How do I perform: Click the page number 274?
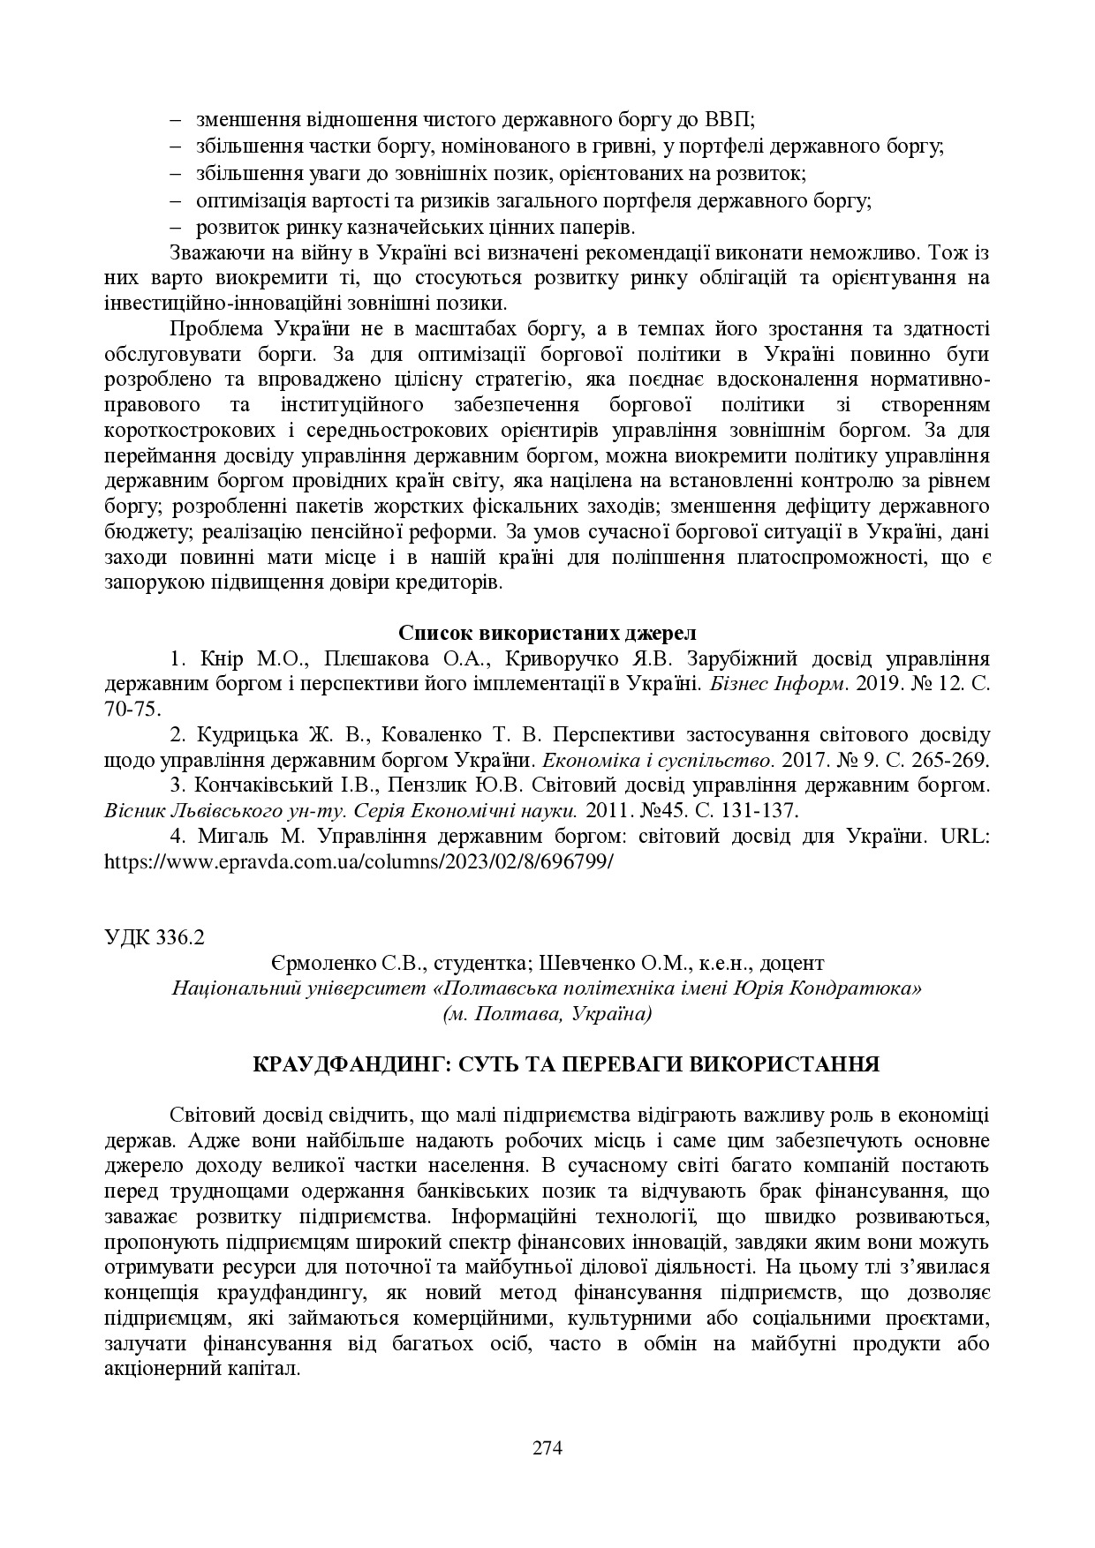tap(547, 1447)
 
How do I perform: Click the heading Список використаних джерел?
tap(547, 633)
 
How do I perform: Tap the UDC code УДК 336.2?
tap(154, 937)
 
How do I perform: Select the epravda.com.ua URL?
tap(358, 861)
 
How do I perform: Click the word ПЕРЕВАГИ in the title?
tap(623, 1063)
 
